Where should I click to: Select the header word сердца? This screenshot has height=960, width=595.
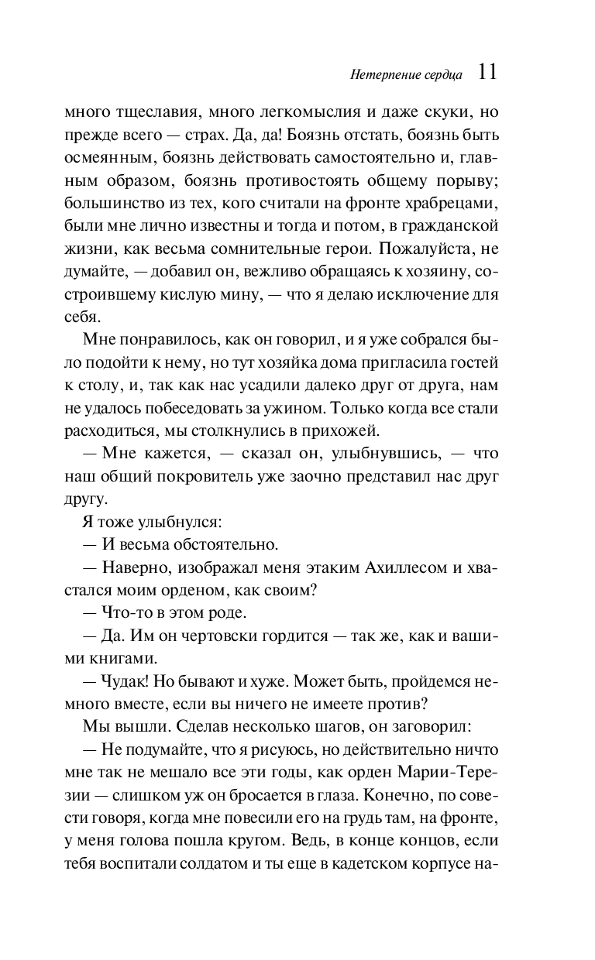(443, 75)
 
